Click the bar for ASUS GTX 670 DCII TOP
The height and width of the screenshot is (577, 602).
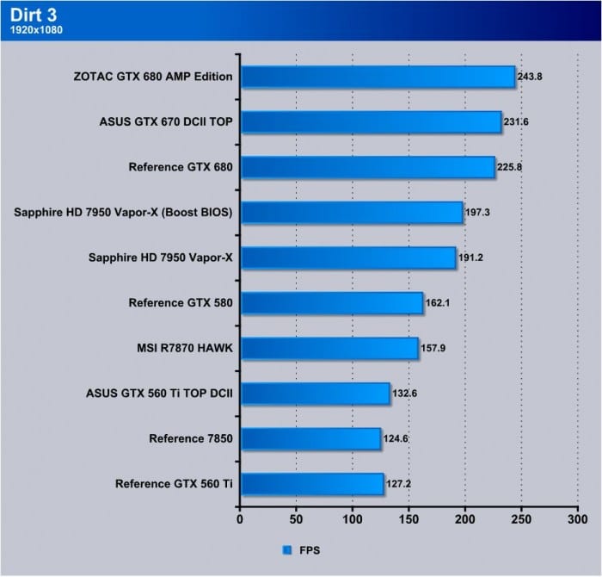click(x=370, y=121)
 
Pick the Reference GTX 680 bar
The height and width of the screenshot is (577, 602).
click(x=367, y=167)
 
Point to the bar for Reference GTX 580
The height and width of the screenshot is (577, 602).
click(x=331, y=302)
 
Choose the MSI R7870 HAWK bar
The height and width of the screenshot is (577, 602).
click(x=329, y=348)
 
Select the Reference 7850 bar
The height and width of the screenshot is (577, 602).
click(x=310, y=438)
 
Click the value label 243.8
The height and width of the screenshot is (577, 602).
click(x=530, y=77)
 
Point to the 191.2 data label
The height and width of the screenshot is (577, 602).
click(x=471, y=257)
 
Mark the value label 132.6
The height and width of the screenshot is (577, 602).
click(x=405, y=393)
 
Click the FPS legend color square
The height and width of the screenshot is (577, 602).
click(x=286, y=549)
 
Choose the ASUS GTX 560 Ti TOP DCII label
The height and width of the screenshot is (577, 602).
click(x=160, y=393)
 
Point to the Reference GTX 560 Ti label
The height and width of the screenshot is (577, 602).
click(x=175, y=484)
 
